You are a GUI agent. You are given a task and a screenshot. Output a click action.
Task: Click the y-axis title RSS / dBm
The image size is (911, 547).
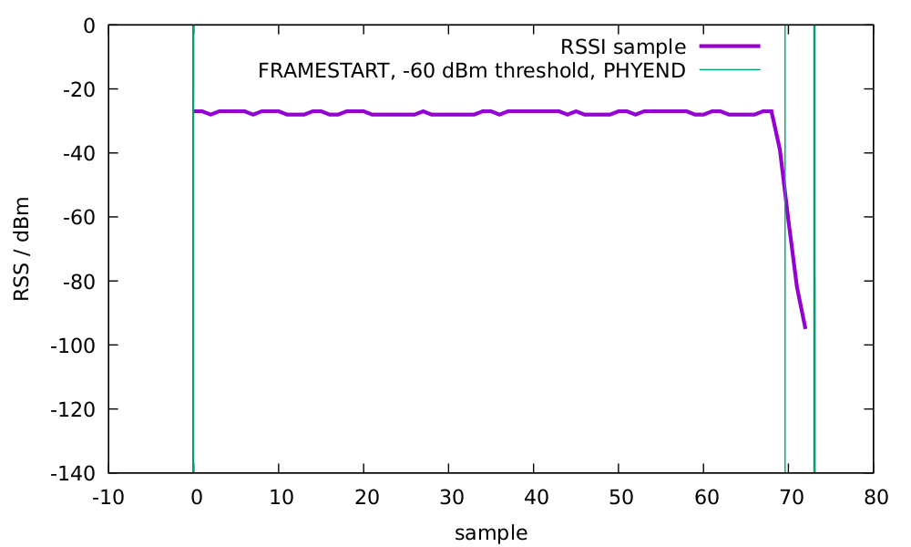coord(22,248)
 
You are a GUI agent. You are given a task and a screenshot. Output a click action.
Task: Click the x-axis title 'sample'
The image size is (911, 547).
coord(491,532)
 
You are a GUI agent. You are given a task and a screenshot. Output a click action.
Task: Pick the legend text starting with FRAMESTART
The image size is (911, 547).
coord(471,70)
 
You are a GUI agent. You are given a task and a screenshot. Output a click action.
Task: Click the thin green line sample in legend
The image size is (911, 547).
coord(729,70)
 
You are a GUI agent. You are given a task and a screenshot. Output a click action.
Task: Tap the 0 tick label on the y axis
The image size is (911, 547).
coord(88,26)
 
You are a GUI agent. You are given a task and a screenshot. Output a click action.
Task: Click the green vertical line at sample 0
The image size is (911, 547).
coord(193,273)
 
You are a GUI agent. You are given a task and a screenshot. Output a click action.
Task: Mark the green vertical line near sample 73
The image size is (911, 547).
coord(814,273)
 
